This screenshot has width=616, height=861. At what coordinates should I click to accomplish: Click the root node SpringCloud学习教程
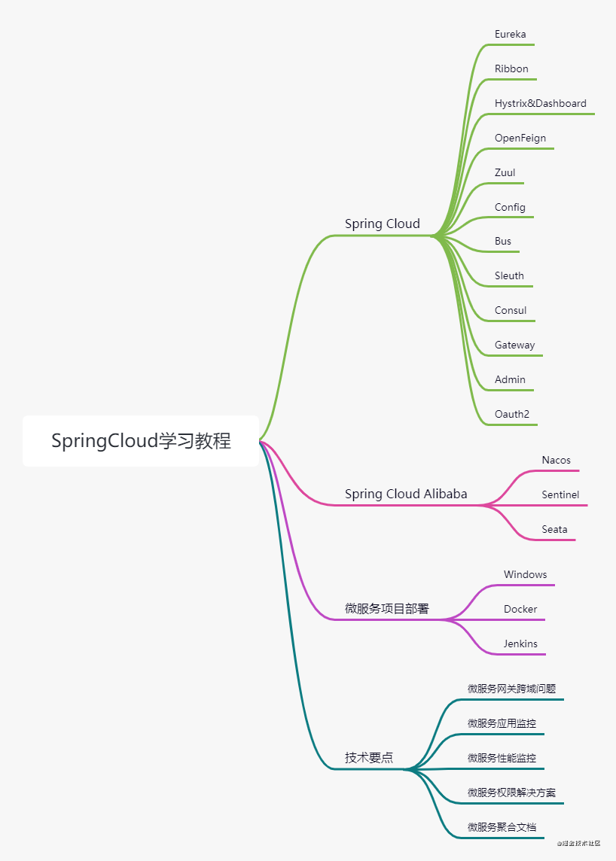pos(141,441)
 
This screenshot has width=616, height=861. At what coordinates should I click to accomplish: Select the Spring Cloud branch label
pos(383,224)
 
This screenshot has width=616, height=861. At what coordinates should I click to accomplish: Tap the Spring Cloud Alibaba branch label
pos(406,494)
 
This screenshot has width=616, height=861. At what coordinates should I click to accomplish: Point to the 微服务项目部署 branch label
pos(387,609)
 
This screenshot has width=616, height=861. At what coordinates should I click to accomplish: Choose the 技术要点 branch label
pos(369,758)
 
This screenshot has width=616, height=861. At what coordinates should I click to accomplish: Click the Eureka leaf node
pos(511,35)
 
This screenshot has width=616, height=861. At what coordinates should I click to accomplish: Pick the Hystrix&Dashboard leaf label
pos(541,104)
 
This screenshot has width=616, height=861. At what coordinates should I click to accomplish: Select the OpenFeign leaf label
pos(520,138)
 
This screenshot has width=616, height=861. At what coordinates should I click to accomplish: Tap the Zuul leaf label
pos(505,173)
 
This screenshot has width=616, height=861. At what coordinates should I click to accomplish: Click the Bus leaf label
pos(503,242)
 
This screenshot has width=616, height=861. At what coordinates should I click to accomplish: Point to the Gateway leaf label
pos(515,345)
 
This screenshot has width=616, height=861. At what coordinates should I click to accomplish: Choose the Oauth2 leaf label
pos(512,415)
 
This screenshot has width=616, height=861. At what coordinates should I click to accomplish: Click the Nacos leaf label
pos(557,461)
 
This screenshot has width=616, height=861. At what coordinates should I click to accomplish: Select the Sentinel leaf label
pos(560,495)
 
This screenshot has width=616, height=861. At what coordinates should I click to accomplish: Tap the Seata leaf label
pos(555,530)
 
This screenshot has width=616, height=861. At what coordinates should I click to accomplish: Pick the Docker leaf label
pos(520,610)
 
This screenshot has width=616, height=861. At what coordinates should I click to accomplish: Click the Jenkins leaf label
pos(520,644)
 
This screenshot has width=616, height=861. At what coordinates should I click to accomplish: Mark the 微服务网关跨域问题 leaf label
pos(512,689)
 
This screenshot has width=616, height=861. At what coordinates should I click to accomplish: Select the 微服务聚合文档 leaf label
pos(502,827)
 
